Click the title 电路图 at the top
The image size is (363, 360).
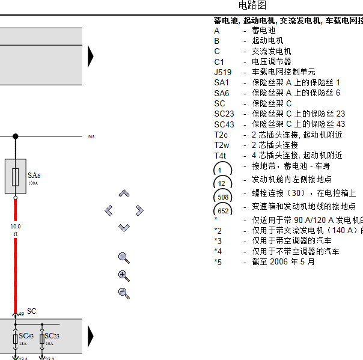[252, 6]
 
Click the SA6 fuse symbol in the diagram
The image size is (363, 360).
[16, 176]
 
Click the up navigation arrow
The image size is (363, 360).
[124, 194]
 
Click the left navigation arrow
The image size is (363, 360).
[109, 210]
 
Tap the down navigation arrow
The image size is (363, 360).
[124, 227]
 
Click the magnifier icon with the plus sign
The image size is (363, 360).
[124, 276]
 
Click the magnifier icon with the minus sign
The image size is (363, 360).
[124, 293]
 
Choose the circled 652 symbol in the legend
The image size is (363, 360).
[223, 211]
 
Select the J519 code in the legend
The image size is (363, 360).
[222, 72]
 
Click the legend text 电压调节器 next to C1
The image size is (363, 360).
[271, 61]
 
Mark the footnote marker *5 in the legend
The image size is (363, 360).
[218, 261]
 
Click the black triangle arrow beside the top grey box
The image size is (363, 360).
[91, 56]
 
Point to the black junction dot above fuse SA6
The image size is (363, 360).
[16, 136]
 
